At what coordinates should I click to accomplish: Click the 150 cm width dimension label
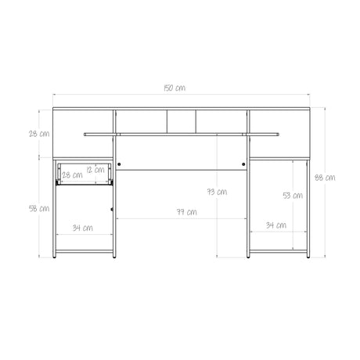tap(175, 88)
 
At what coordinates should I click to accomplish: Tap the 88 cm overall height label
tap(325, 178)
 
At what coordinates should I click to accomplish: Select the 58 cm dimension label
tap(39, 209)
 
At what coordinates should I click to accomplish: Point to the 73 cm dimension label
tap(217, 192)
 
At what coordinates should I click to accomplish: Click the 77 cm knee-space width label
tap(187, 212)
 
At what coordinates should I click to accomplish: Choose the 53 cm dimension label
tap(293, 196)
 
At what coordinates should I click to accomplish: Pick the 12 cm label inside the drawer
tap(95, 170)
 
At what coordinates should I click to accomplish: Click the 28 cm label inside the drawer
tap(72, 175)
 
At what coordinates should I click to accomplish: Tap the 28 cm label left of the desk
tap(39, 134)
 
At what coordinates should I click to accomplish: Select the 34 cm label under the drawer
tap(83, 228)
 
